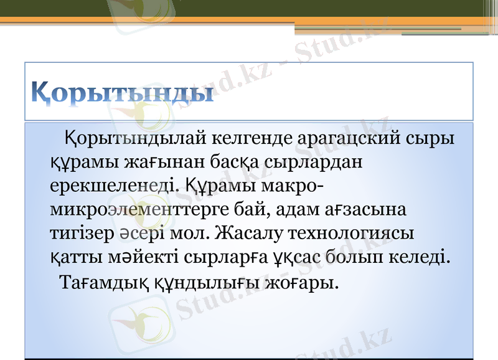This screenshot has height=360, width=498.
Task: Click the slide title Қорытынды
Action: coord(123,93)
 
